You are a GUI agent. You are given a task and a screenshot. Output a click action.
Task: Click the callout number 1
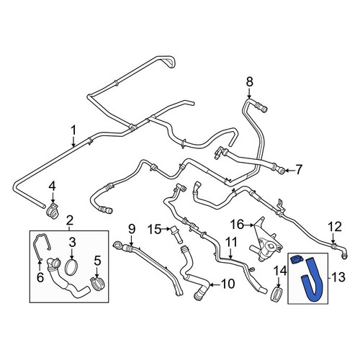[73, 130]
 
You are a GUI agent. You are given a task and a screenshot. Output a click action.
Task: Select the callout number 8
[250, 81]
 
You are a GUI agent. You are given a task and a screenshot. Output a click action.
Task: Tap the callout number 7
[299, 170]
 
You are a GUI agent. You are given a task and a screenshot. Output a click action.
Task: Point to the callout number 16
[237, 225]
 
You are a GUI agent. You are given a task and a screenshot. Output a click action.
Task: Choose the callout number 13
[338, 277]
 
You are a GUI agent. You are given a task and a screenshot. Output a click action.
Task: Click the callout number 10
[228, 284]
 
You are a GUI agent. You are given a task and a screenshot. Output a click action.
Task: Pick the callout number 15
[154, 230]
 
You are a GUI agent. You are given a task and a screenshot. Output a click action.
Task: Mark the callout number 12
[335, 227]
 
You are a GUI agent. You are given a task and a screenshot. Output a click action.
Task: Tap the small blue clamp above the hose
[297, 259]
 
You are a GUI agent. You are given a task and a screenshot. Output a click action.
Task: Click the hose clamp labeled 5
[97, 284]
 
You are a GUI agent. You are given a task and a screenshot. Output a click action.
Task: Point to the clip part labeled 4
[53, 210]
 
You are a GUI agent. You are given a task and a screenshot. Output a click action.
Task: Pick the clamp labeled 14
[278, 294]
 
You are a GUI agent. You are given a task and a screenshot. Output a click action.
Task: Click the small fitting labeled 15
[176, 235]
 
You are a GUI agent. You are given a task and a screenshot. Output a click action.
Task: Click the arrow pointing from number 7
[289, 171]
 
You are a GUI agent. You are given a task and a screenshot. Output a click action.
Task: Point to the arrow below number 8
[249, 93]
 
